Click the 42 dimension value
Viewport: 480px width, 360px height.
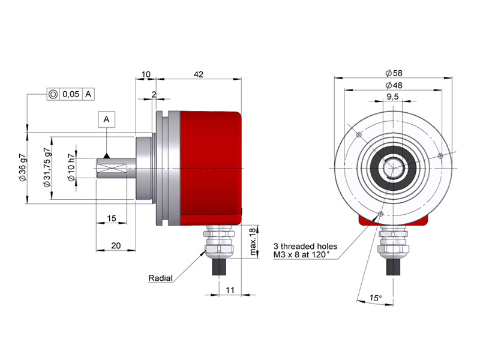199,74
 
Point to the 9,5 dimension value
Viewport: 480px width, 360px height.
394,97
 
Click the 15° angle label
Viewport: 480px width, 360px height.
375,298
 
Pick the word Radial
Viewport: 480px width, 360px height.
161,278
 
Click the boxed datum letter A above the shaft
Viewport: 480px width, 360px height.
106,120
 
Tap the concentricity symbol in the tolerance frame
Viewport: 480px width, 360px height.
53,94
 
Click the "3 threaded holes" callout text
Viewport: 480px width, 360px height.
305,246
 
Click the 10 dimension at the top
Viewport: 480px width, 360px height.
145,74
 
